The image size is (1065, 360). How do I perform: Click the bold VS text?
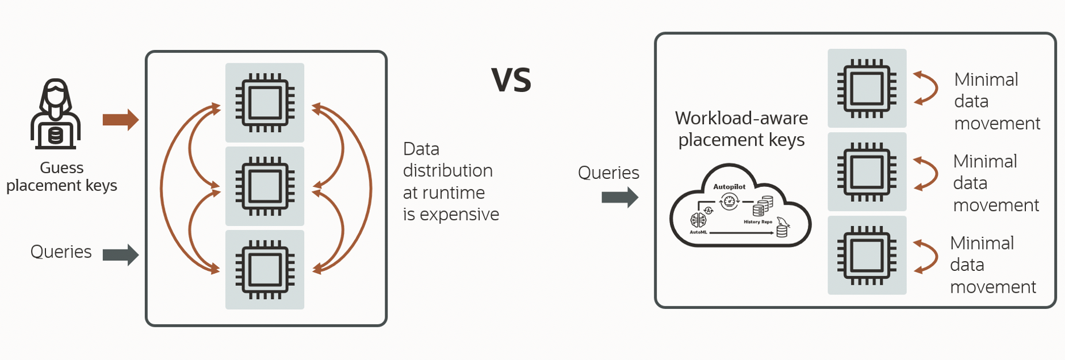click(511, 79)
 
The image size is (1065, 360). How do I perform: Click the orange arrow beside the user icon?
click(121, 120)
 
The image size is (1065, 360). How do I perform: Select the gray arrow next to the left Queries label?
click(121, 254)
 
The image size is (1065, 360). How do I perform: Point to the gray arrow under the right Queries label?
click(620, 197)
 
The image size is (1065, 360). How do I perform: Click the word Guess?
click(62, 168)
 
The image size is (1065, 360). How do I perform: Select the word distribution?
click(448, 171)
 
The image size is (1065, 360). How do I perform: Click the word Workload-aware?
click(741, 118)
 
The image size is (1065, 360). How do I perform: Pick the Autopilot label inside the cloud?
click(729, 186)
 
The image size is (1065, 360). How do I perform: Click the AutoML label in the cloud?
click(698, 232)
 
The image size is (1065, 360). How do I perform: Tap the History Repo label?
click(758, 221)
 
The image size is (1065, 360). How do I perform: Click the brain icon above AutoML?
click(698, 220)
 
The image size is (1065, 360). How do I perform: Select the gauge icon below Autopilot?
click(730, 201)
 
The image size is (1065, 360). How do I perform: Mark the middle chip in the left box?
click(265, 186)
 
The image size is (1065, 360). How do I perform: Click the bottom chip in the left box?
click(265, 270)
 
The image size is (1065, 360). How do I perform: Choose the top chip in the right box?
click(867, 88)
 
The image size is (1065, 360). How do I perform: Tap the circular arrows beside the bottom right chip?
click(925, 256)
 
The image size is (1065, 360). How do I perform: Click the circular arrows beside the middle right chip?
click(925, 173)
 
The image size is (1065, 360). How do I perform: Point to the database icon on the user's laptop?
click(55, 136)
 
